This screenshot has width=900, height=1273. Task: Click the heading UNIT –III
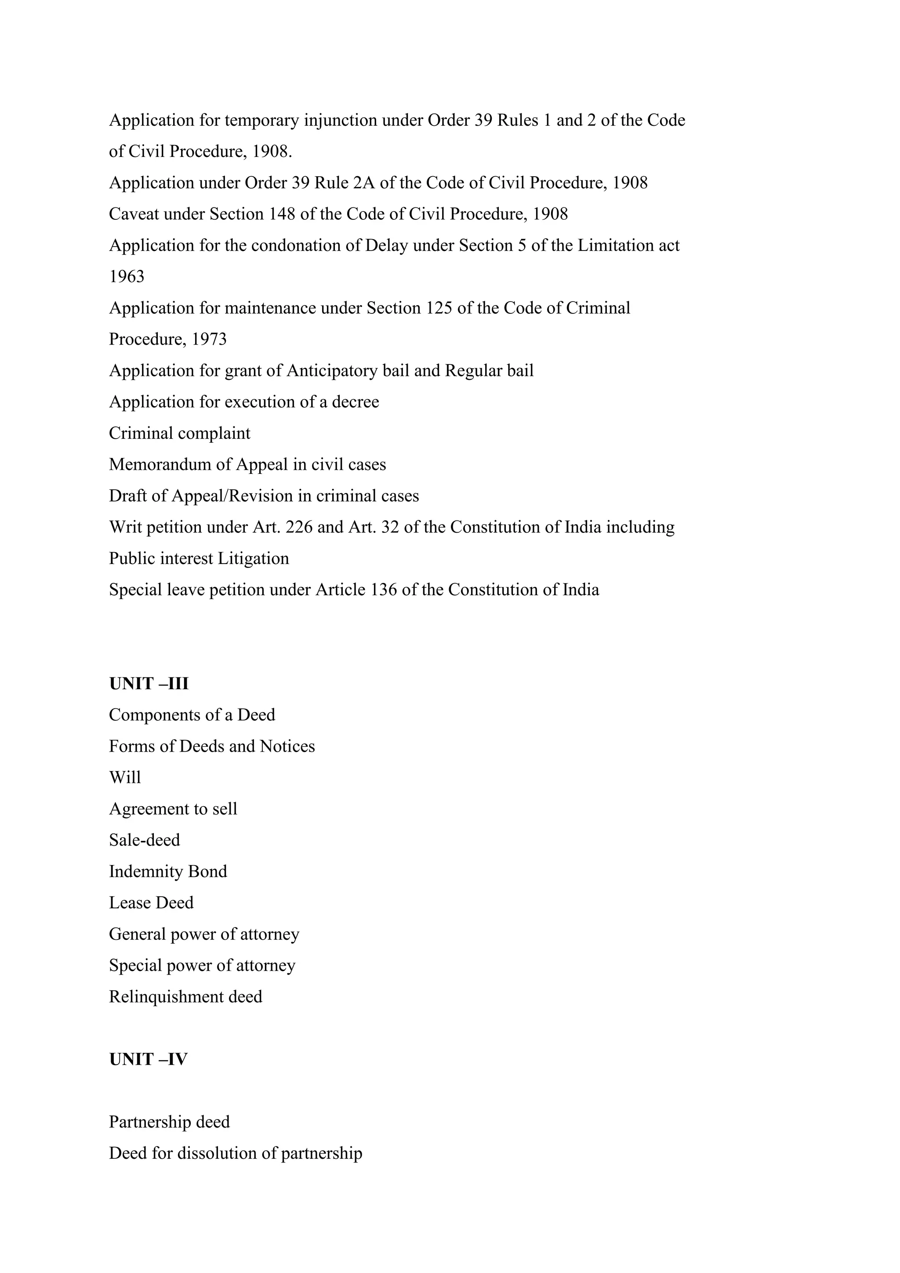click(149, 684)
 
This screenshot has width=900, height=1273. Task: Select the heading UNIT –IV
click(148, 1059)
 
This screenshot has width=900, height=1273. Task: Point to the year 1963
click(127, 276)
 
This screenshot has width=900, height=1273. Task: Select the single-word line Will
click(125, 777)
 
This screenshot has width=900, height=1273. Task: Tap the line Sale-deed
click(144, 840)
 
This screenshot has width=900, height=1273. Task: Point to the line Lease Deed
click(151, 902)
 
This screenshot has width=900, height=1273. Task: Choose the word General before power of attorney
click(137, 934)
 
